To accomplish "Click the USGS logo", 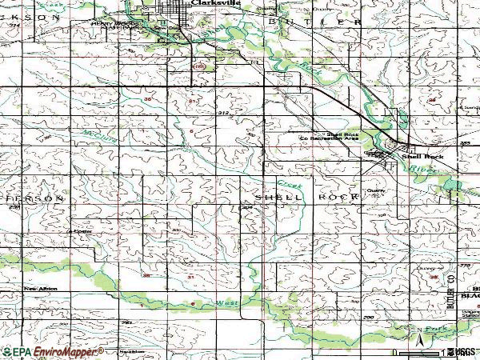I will tap(464, 351).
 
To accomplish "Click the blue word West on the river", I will tap(226, 302).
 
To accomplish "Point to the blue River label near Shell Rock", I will tap(418, 170).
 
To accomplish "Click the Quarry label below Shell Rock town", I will tap(375, 190).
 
